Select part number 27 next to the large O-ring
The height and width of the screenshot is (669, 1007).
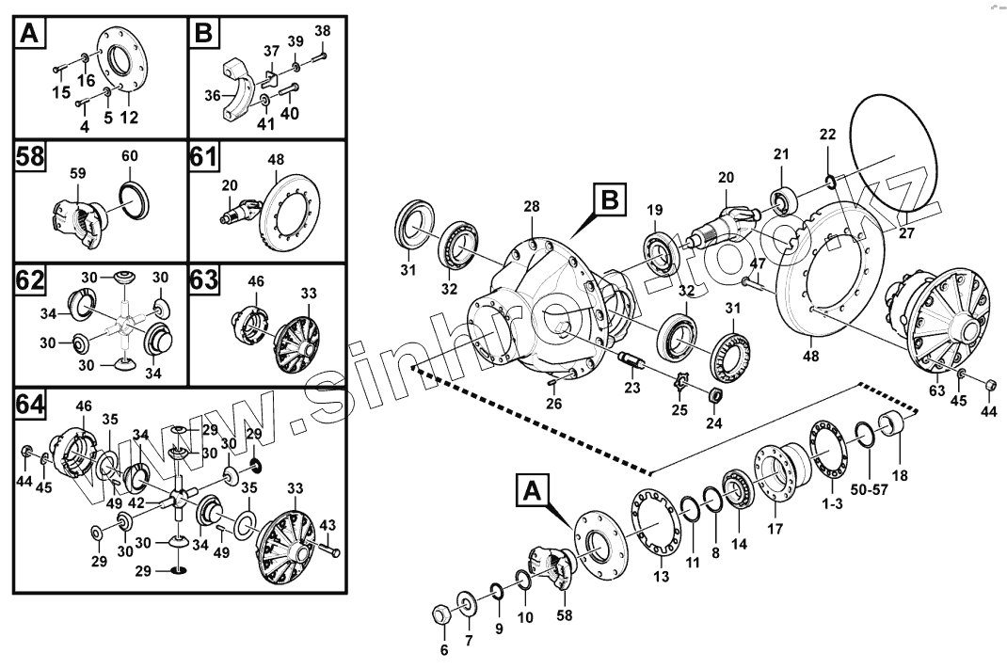pyautogui.click(x=906, y=232)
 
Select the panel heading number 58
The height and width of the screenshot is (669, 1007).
pyautogui.click(x=30, y=156)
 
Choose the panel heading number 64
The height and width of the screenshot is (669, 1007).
pyautogui.click(x=30, y=406)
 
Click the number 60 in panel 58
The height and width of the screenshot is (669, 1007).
pyautogui.click(x=129, y=155)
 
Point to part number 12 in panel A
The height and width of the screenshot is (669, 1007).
pyautogui.click(x=129, y=117)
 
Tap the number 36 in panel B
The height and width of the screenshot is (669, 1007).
pyautogui.click(x=213, y=95)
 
